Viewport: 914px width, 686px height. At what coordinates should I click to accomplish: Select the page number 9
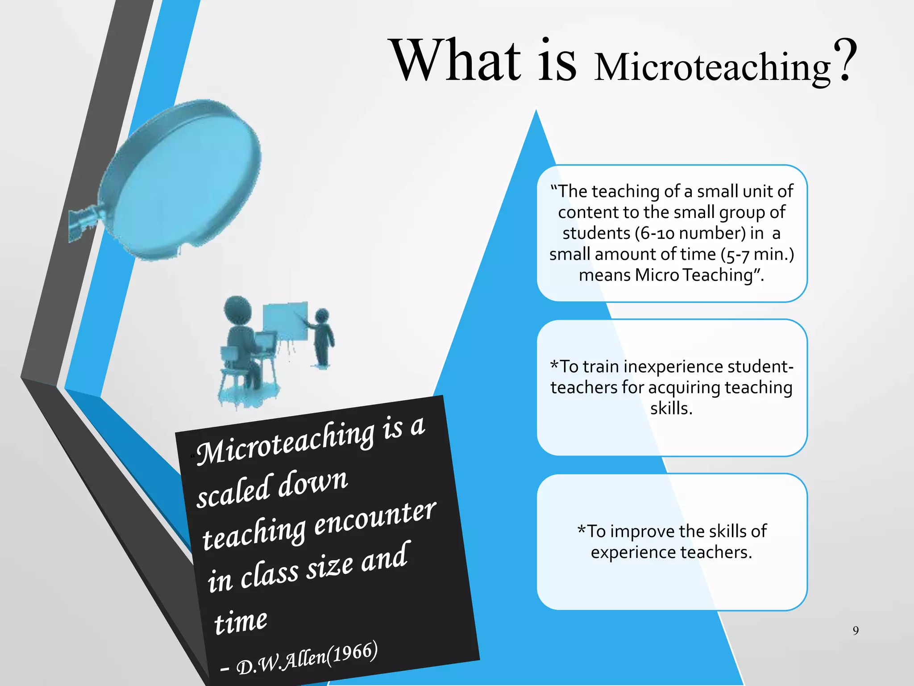pyautogui.click(x=856, y=630)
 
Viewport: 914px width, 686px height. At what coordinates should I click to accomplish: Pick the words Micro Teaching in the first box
pyautogui.click(x=694, y=275)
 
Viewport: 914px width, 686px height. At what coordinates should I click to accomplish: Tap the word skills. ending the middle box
pyautogui.click(x=671, y=408)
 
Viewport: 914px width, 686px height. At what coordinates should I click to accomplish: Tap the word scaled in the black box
pyautogui.click(x=234, y=490)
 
